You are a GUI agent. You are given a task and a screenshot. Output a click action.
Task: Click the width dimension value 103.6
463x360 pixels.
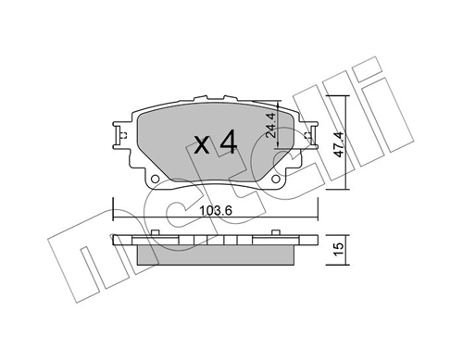(216, 211)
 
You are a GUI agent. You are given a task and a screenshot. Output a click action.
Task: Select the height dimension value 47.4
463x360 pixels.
(339, 144)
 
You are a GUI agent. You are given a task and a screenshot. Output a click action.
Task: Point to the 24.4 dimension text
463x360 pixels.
(270, 125)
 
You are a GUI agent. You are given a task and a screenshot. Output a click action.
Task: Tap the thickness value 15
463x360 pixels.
(339, 248)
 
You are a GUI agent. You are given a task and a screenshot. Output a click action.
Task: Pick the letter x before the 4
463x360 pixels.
(202, 145)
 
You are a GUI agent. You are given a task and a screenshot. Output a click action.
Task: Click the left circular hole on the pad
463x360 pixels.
(155, 179)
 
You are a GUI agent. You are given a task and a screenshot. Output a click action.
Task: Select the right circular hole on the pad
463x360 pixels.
(276, 179)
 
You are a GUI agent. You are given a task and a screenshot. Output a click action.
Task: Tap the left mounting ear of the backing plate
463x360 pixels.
(119, 135)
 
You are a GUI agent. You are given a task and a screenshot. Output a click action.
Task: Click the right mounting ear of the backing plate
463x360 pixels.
(311, 134)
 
